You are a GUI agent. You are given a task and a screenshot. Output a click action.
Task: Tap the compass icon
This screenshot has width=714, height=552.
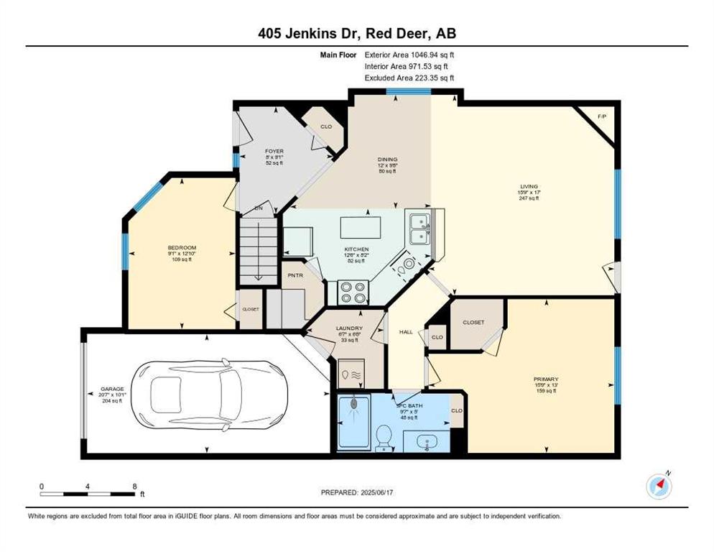(x=659, y=486)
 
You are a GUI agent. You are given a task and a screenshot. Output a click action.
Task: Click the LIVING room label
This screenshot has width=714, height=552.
(x=529, y=186)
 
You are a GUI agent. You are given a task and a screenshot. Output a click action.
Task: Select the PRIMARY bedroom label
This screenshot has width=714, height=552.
(x=546, y=379)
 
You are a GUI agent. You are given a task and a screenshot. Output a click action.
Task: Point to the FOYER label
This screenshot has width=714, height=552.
(x=274, y=151)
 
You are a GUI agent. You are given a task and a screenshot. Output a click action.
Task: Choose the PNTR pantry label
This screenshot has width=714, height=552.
(x=295, y=275)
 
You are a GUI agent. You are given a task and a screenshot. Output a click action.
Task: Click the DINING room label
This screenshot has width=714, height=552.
(x=388, y=160)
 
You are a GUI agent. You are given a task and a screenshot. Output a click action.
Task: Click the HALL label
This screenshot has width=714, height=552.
(x=405, y=331)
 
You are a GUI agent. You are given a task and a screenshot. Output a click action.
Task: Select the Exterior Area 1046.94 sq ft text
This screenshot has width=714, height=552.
(x=409, y=54)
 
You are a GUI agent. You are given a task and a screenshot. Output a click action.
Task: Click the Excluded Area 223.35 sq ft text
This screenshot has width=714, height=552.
(x=409, y=78)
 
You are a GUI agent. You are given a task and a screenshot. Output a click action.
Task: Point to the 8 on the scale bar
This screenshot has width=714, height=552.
(x=134, y=487)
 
